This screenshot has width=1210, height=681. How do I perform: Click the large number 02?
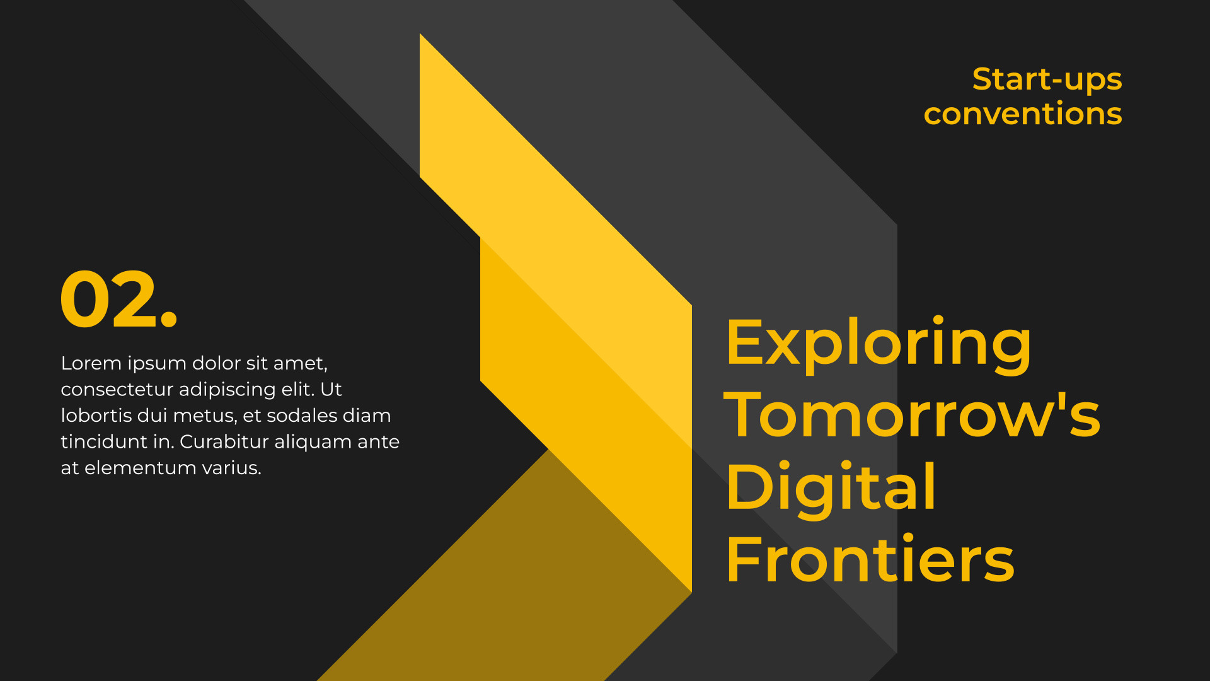(x=118, y=299)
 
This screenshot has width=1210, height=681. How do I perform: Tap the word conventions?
(x=1023, y=114)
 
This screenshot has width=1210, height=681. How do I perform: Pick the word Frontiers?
(x=870, y=559)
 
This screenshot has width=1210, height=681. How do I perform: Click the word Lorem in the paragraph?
(x=91, y=363)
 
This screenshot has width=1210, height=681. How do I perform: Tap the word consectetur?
(x=117, y=390)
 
